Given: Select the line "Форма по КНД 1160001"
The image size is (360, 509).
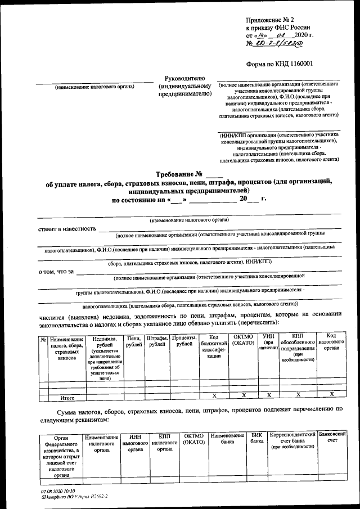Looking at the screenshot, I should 283,65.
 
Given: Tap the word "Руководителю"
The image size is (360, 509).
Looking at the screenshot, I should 180,78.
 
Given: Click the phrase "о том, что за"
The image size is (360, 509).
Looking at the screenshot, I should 56,272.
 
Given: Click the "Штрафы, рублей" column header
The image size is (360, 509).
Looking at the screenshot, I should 157,340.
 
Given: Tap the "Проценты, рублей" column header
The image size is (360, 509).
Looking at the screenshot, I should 183,340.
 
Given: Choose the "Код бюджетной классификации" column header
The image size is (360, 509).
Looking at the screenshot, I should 213,346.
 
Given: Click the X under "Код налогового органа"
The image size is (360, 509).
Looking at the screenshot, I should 331,395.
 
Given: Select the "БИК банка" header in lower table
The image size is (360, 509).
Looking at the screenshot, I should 256,439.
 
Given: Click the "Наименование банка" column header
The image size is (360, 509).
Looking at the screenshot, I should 228,439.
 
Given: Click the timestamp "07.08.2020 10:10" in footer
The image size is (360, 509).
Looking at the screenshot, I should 58,490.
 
